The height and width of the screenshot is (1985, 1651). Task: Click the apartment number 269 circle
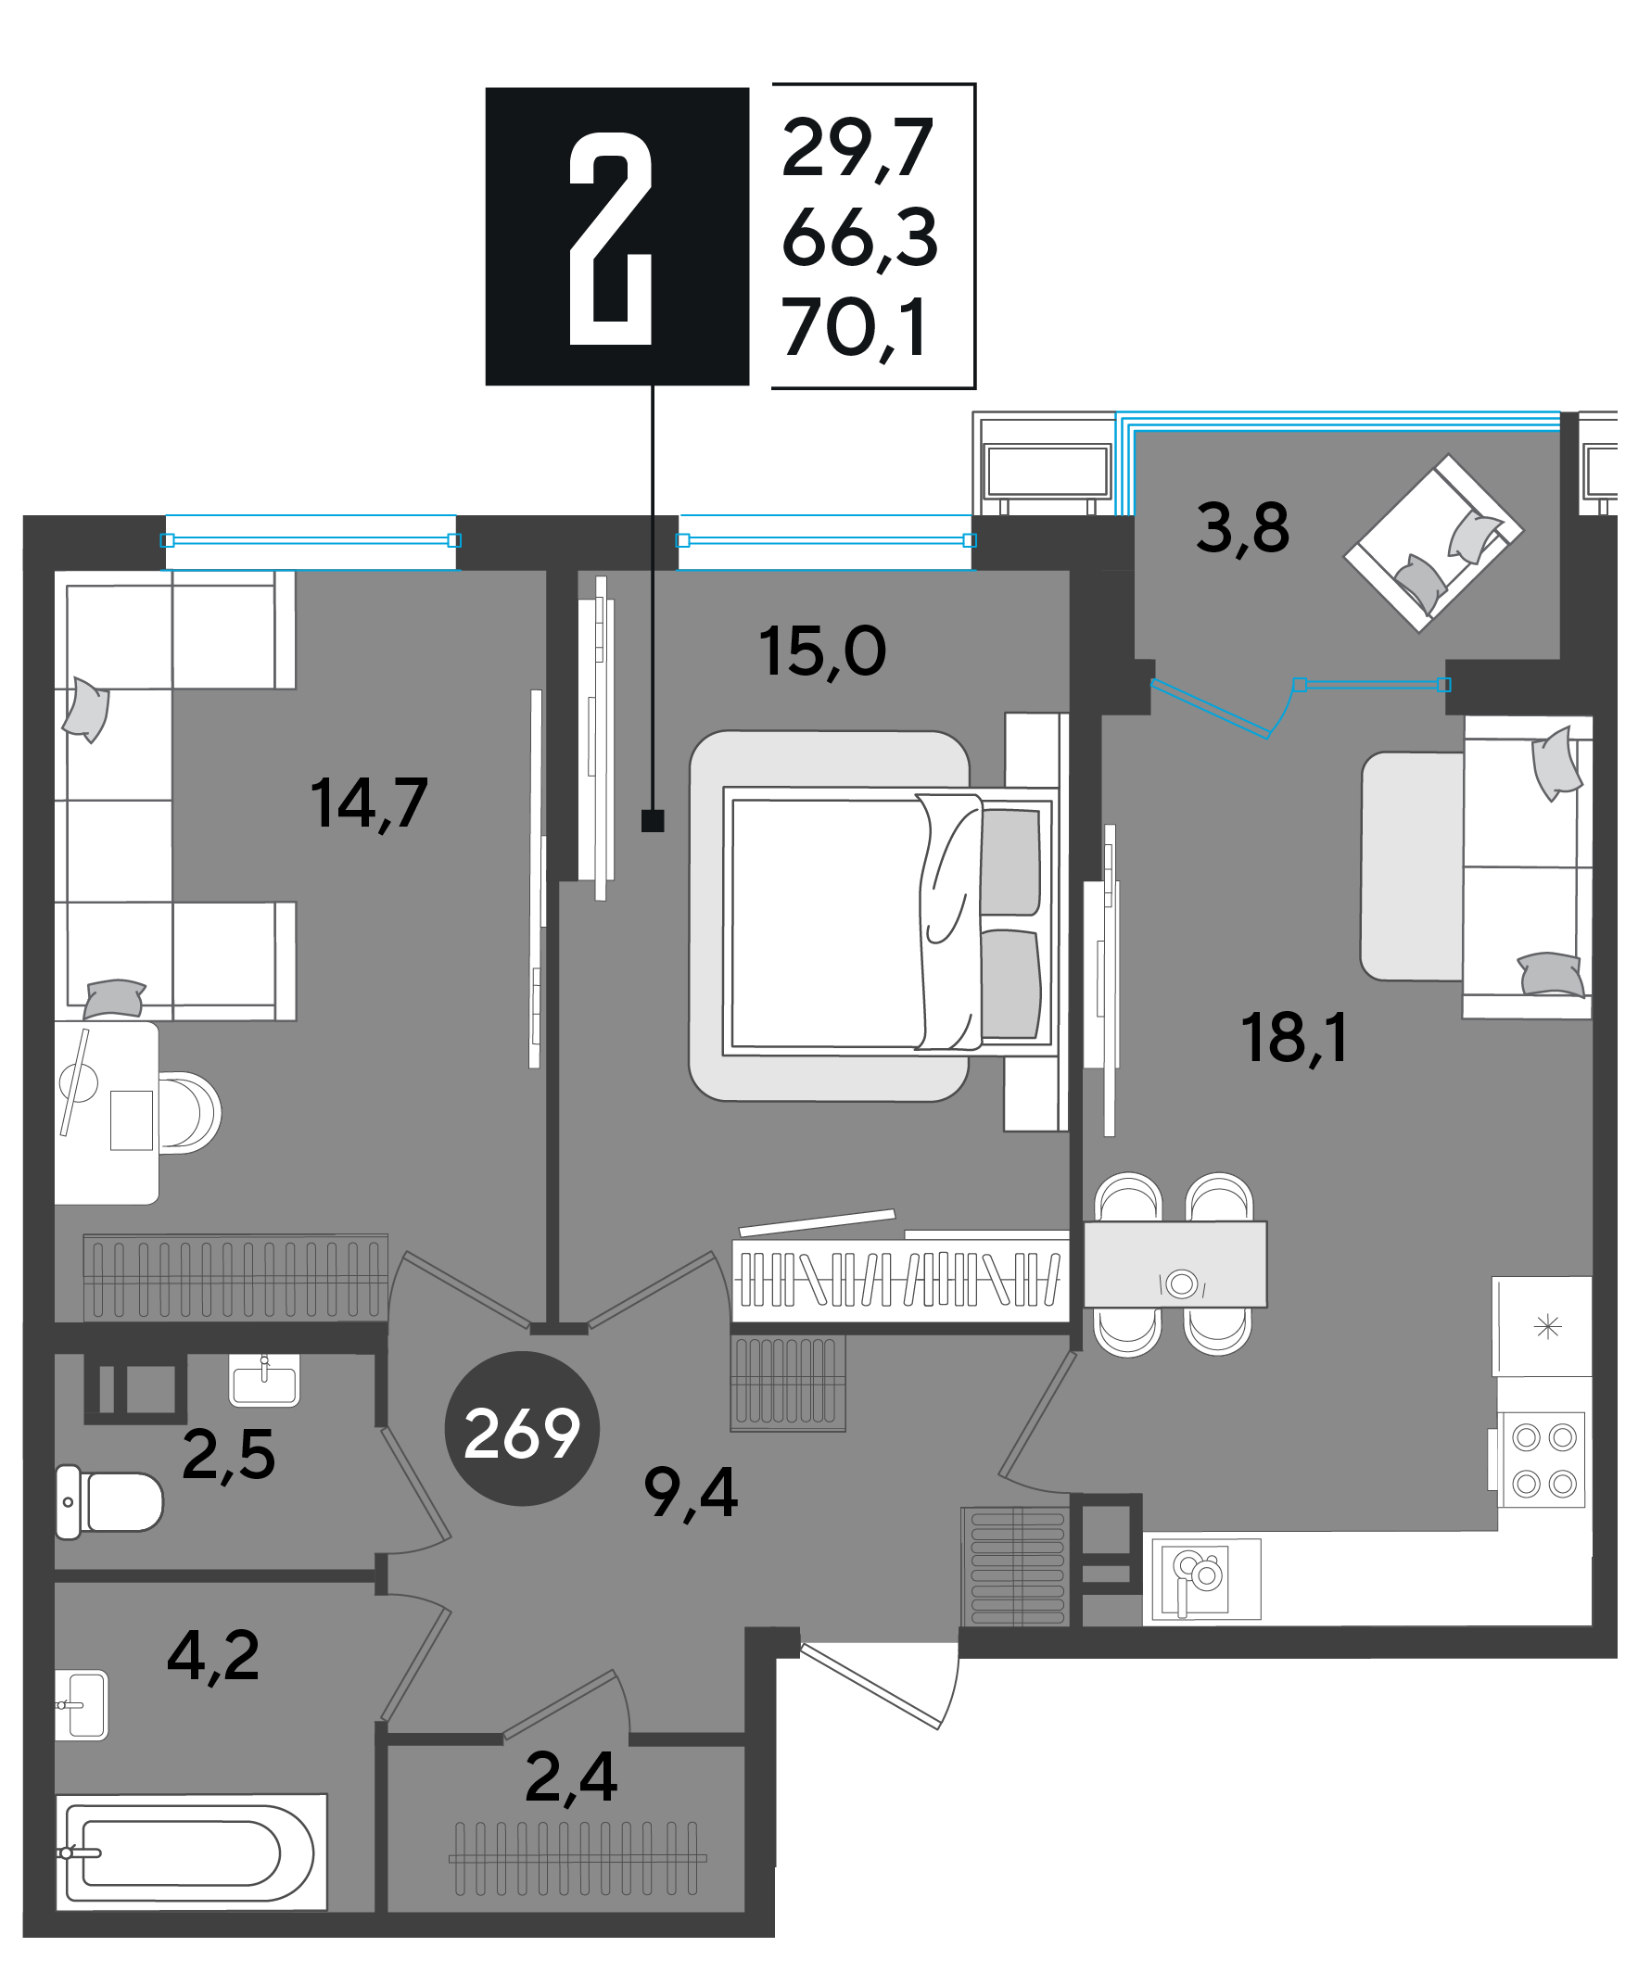pos(522,1428)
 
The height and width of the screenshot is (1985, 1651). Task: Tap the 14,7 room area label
pos(370,803)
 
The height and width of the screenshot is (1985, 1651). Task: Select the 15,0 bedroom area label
pos(822,651)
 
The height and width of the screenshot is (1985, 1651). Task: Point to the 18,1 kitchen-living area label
pos(1293,1038)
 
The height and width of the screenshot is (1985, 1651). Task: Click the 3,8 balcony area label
pos(1242,528)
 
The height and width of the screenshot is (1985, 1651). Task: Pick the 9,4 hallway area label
pos(691,1494)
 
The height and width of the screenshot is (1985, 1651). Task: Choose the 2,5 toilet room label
pos(229,1455)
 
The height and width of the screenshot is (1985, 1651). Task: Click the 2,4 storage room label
pos(571,1778)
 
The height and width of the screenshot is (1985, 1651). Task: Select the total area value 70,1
pos(854,328)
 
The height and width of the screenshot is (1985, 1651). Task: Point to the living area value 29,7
pos(857,148)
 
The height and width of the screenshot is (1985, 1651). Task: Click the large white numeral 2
pos(611,238)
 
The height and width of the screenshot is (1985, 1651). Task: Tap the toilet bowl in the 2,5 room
pos(109,1502)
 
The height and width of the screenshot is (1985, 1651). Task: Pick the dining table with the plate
pos(1175,1265)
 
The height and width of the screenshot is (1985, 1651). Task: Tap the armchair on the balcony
pos(1433,543)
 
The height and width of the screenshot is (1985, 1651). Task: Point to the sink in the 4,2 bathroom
pos(82,1705)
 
